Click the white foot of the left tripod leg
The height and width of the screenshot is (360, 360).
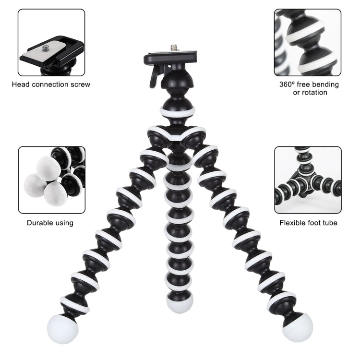point(60,327)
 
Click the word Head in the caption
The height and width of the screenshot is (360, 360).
point(21,84)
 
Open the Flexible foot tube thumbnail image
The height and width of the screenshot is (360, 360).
point(308,180)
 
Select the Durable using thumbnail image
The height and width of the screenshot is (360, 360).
point(51,180)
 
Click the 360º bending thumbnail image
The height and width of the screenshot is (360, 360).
point(308,42)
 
